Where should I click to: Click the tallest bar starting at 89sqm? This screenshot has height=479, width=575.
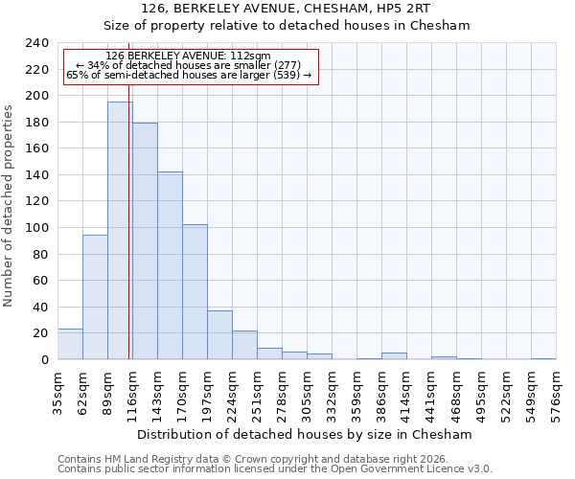[x=120, y=230]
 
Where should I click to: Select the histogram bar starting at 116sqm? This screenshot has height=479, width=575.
[x=145, y=241]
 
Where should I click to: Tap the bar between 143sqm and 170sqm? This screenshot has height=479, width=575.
[x=170, y=265]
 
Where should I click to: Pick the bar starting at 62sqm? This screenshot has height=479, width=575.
[x=95, y=297]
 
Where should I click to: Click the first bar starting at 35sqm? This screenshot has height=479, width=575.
[x=70, y=344]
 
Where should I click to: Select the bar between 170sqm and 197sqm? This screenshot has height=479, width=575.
[x=195, y=292]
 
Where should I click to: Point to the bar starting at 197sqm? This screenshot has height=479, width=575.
[x=219, y=335]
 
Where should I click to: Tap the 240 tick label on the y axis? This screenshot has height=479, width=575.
[x=36, y=43]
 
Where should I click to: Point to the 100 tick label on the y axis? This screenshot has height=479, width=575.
[x=36, y=228]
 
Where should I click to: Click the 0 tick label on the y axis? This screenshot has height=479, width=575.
[x=44, y=360]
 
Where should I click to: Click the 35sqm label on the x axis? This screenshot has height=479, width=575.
[x=57, y=395]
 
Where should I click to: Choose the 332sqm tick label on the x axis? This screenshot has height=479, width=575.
[x=332, y=395]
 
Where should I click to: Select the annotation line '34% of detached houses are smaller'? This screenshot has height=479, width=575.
[x=188, y=65]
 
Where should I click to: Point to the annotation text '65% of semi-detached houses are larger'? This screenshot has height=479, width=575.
[x=188, y=75]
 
